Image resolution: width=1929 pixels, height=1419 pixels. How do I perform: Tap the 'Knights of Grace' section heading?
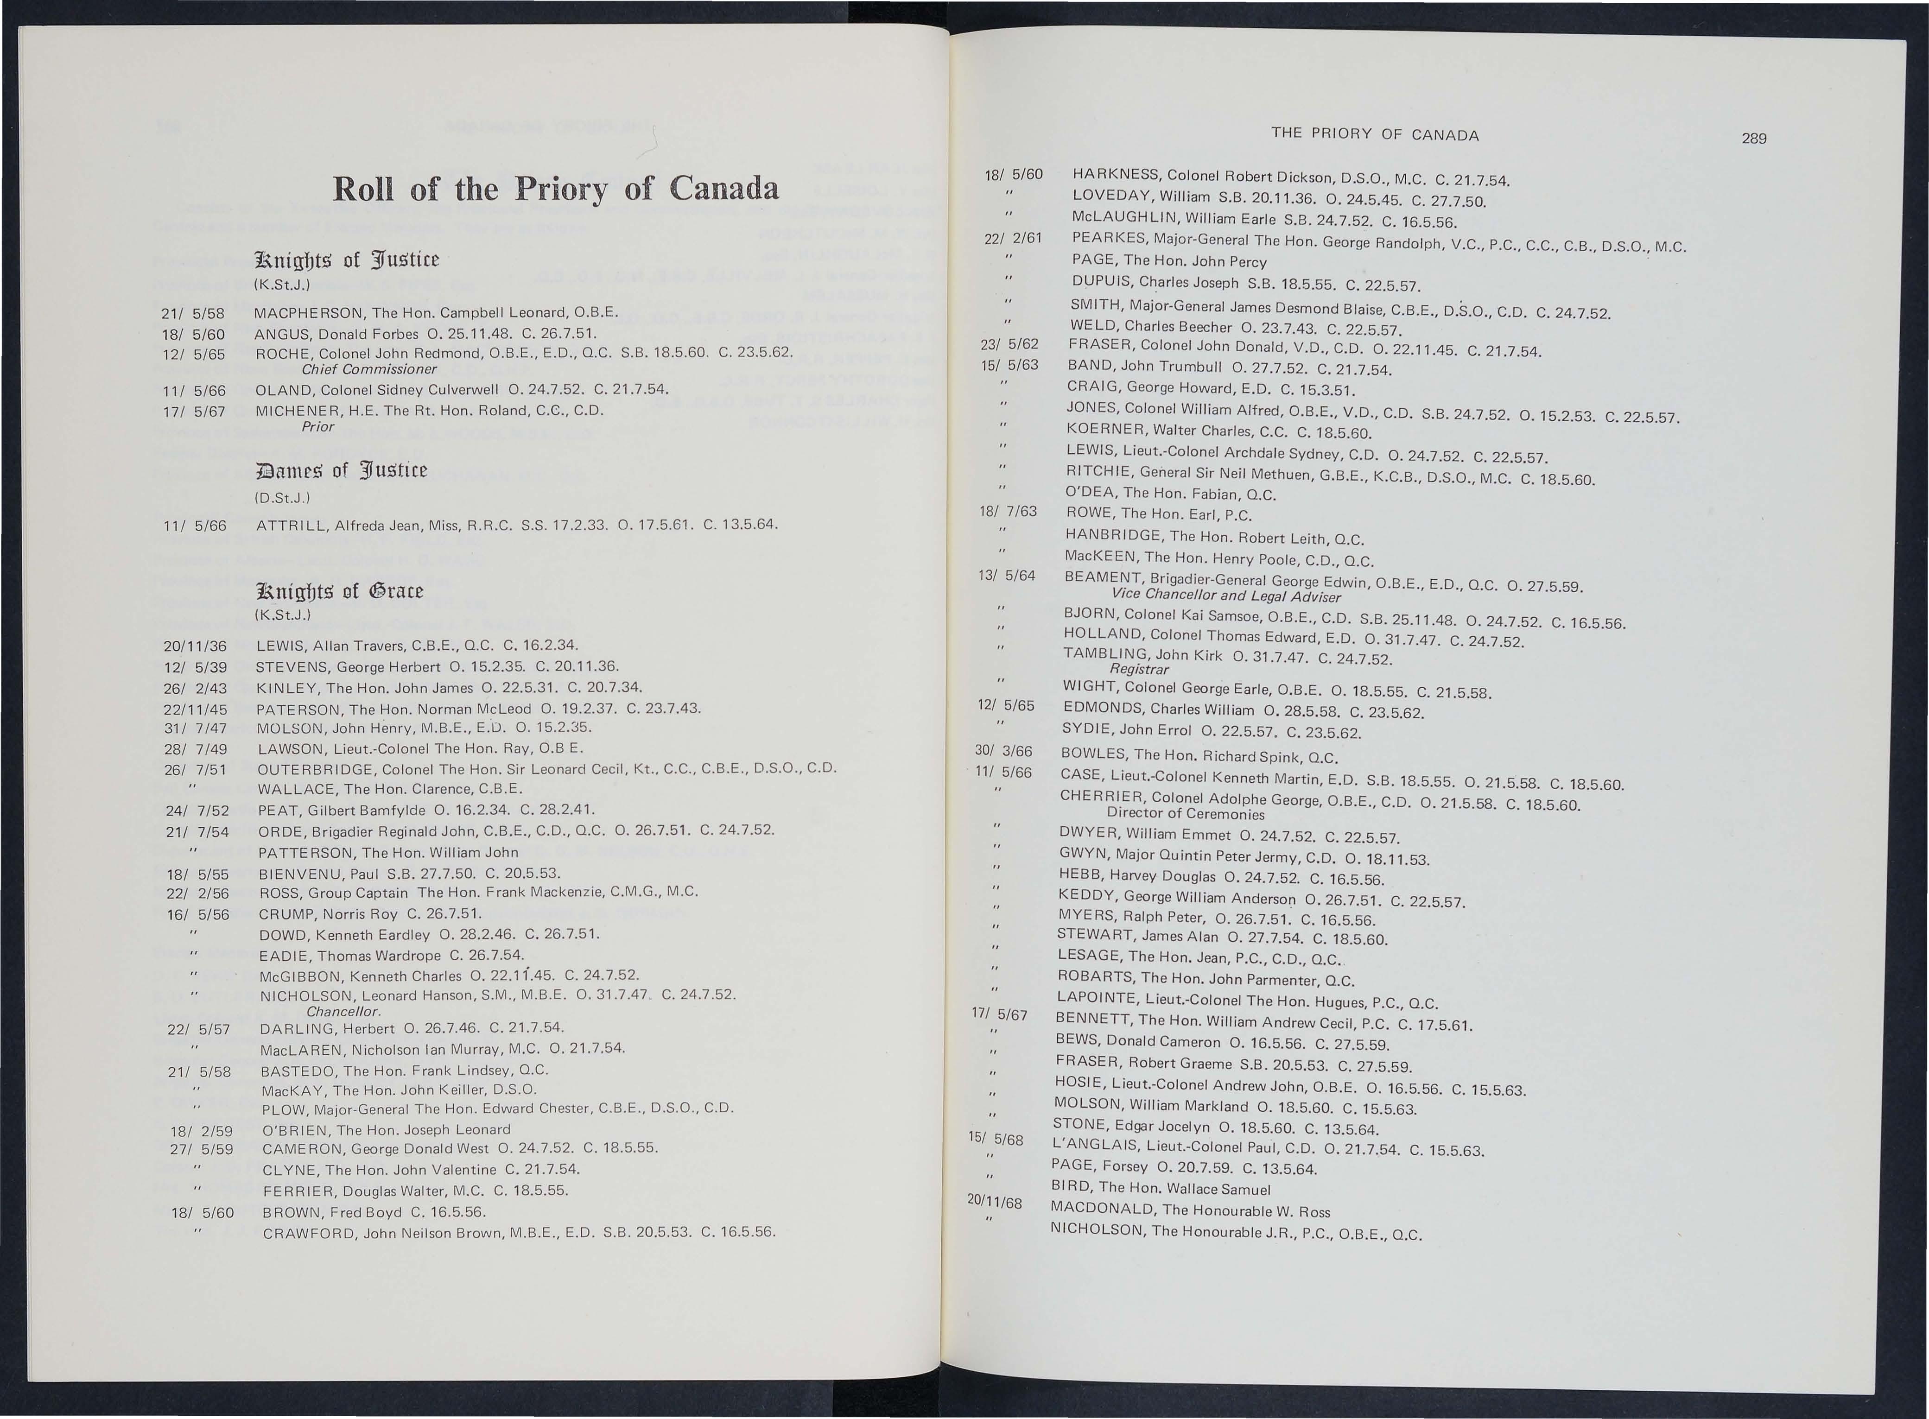[x=339, y=591]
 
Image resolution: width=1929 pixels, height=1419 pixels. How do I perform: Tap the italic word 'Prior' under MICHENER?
[x=318, y=426]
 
